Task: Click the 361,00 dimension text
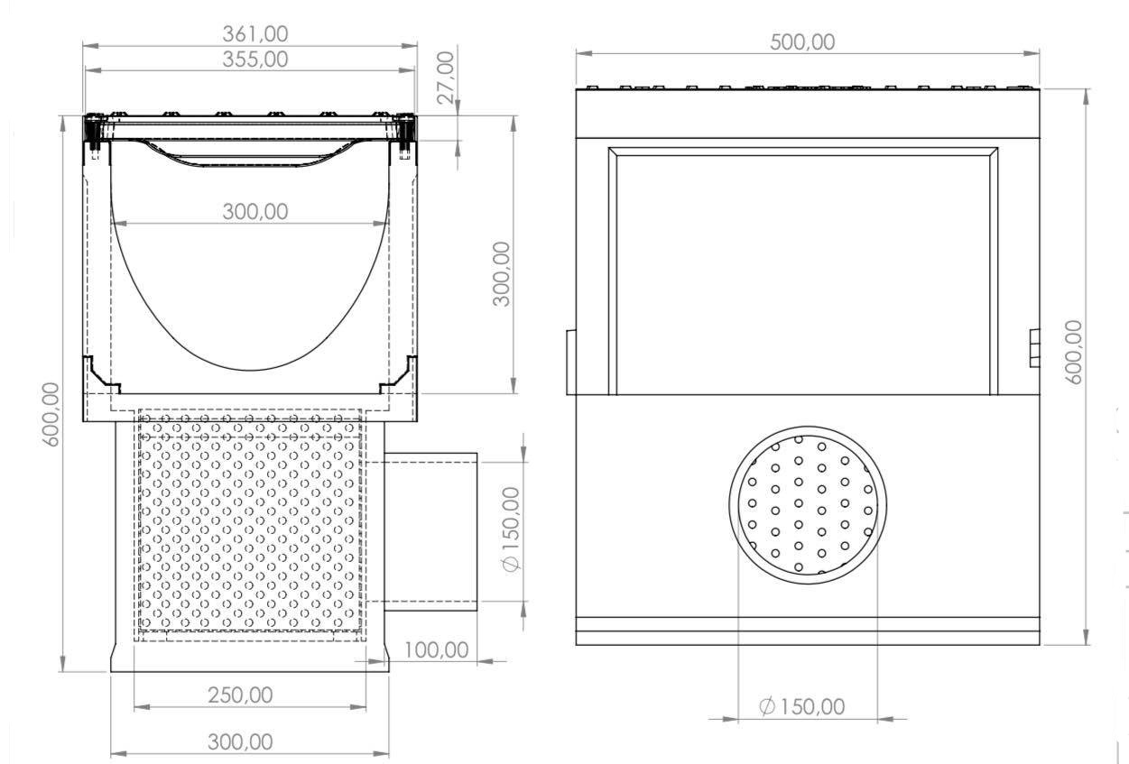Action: (x=255, y=33)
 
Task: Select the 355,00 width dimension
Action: (x=255, y=59)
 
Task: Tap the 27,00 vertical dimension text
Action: (x=446, y=78)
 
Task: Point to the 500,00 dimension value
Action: (x=802, y=41)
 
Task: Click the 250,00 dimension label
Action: (x=240, y=695)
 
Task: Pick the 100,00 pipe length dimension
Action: (x=436, y=649)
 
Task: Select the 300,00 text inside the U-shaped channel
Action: (x=255, y=211)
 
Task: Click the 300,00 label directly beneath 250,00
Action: (x=240, y=741)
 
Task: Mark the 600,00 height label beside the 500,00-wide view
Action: (x=1073, y=352)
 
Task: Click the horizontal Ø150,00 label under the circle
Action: (x=802, y=706)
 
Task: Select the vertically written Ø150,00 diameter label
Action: (x=511, y=529)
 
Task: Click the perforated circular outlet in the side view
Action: (x=807, y=505)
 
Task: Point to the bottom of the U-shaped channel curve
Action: (x=250, y=369)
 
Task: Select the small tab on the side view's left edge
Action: (x=570, y=362)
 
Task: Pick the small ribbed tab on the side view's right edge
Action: (x=1034, y=347)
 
